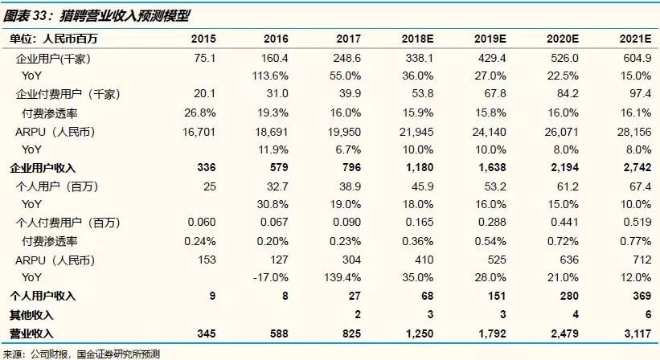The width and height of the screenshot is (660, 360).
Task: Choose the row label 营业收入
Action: click(30, 332)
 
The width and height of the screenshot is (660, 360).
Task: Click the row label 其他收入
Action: click(30, 314)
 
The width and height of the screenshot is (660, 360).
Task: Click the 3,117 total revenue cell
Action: click(634, 332)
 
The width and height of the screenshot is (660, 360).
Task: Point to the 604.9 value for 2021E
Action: click(635, 58)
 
